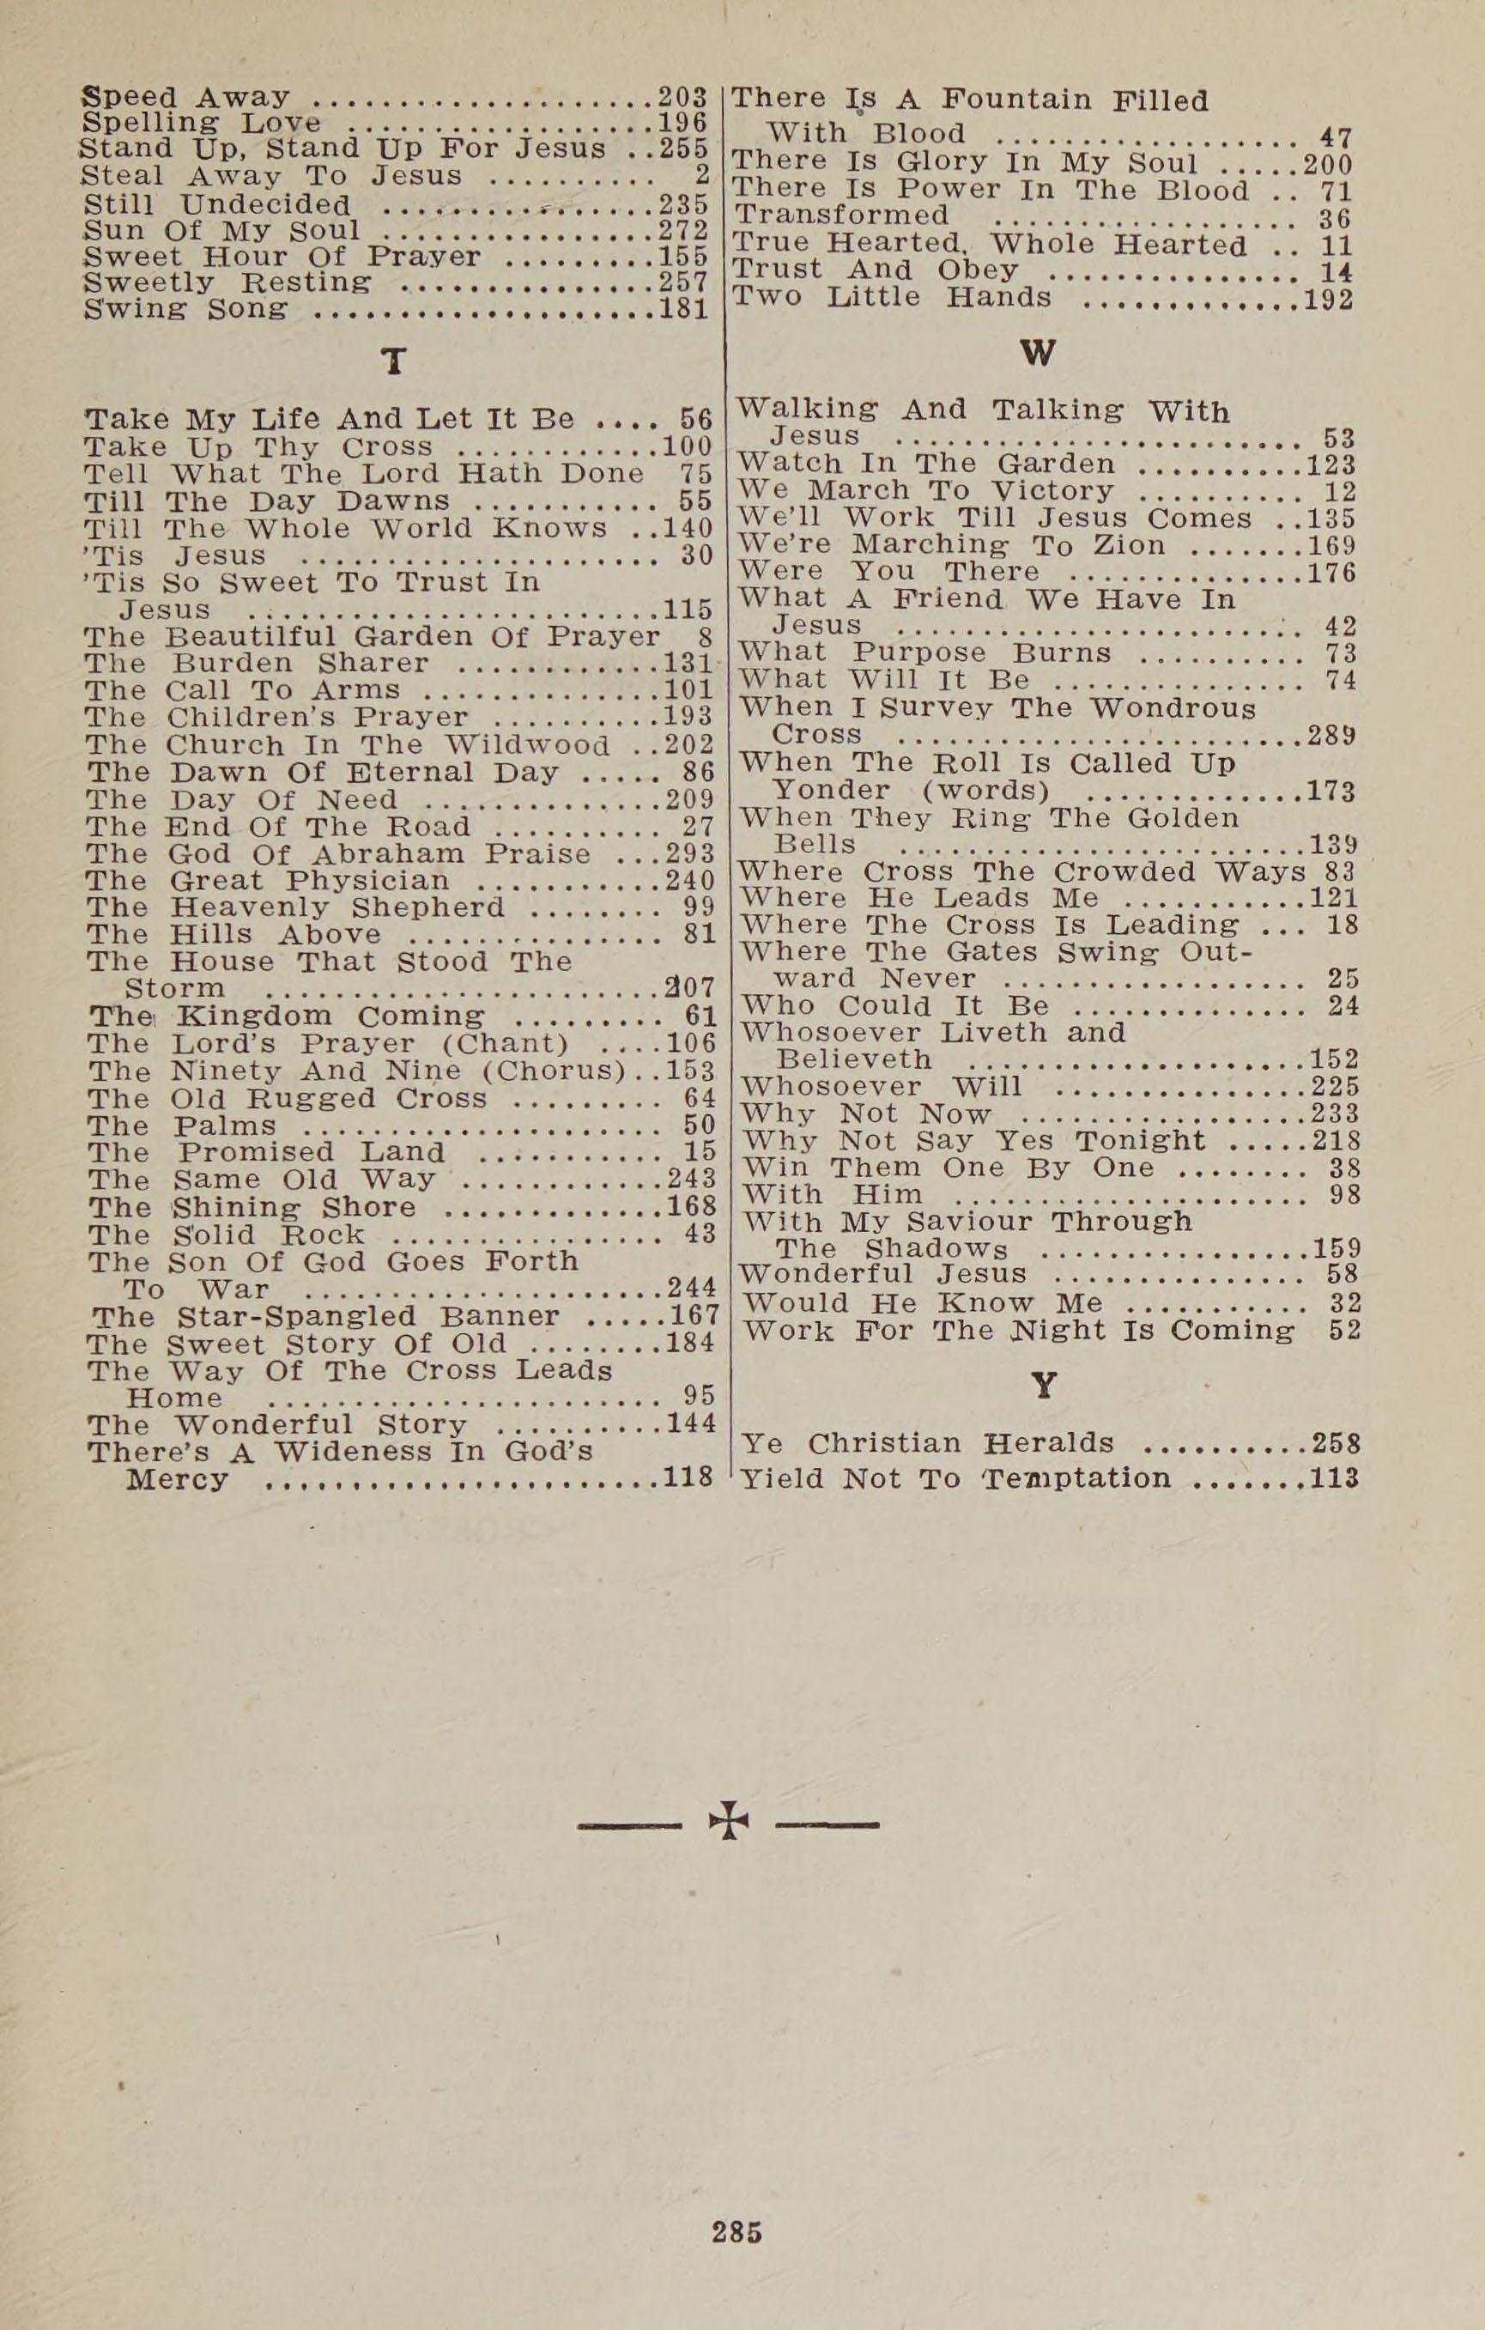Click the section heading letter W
pos(1038,353)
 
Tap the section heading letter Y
pos(1043,1386)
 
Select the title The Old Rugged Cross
pos(288,1099)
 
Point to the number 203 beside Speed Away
pos(683,98)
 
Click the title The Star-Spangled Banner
pos(326,1317)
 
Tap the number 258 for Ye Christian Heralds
pos(1336,1444)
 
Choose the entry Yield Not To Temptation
pos(955,1478)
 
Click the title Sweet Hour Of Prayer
pos(282,257)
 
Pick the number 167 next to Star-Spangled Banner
pos(693,1316)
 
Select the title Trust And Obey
pos(876,270)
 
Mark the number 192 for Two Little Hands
pos(1327,298)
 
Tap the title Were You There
pos(889,572)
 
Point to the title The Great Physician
pos(269,881)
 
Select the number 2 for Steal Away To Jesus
pos(702,176)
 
